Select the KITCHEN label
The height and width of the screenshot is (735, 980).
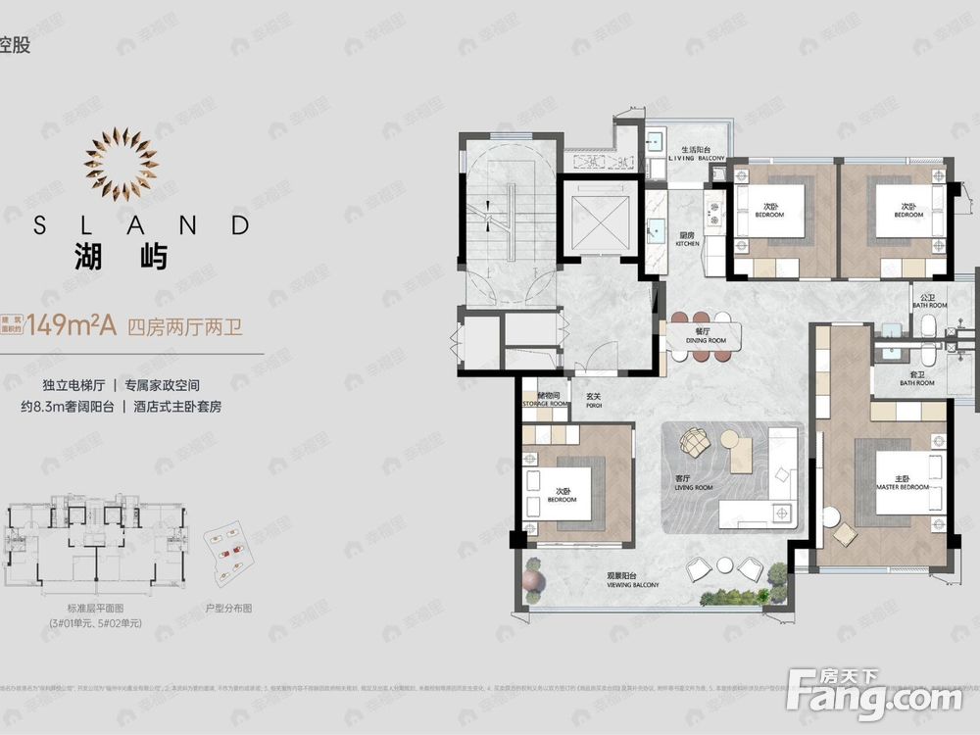click(x=687, y=239)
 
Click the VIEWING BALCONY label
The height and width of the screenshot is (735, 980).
click(x=632, y=582)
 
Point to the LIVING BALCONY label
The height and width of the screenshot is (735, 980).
click(x=696, y=154)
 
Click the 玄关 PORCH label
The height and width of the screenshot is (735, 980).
click(x=593, y=400)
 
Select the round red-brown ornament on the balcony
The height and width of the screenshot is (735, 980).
click(x=531, y=582)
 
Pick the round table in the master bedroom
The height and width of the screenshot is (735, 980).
click(x=832, y=516)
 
